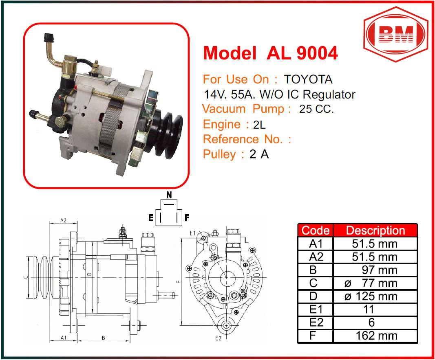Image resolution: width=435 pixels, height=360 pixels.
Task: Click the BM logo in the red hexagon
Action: point(395,34)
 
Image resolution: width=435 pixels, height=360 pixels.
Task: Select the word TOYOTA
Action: point(308,79)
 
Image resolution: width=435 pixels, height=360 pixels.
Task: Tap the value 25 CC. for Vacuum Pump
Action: point(316,109)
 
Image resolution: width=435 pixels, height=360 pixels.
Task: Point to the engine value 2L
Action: point(259,125)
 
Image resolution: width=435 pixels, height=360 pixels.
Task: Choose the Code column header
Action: point(316,230)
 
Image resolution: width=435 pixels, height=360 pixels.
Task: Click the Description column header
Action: point(375,230)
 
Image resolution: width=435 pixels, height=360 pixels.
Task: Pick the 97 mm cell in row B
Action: point(379,270)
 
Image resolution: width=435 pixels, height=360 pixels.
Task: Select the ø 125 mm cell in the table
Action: point(371,296)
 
